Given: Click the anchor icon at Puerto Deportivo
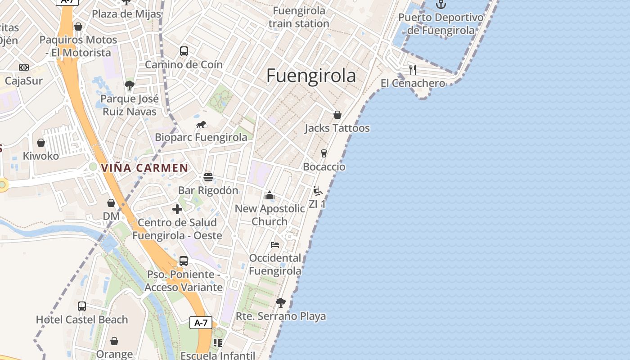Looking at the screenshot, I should click(441, 4).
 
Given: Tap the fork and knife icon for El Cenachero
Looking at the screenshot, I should click(413, 70).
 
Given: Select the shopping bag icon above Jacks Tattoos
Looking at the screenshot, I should click(337, 115).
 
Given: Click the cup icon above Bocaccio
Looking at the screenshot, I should click(324, 153).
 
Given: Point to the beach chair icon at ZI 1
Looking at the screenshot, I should click(318, 191).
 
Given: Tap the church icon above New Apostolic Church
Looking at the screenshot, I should click(270, 195).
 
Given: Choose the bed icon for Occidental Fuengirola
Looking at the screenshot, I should click(275, 245).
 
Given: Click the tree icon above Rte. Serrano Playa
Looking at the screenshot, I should click(281, 303).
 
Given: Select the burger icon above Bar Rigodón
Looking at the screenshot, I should click(208, 177).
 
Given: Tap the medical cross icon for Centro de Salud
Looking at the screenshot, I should click(177, 209).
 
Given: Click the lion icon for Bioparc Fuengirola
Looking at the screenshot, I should click(201, 124).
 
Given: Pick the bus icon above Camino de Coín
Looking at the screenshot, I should click(184, 51).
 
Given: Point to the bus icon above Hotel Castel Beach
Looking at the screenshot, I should click(82, 306).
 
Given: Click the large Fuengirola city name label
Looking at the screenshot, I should click(311, 76).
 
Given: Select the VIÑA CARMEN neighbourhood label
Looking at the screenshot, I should click(144, 168).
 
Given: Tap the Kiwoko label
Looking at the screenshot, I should click(41, 156).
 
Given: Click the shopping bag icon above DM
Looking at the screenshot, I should click(111, 203).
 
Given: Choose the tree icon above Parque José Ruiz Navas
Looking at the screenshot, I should click(130, 85).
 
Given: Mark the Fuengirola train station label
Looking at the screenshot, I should click(299, 17).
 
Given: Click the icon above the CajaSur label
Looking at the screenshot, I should click(24, 67).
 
